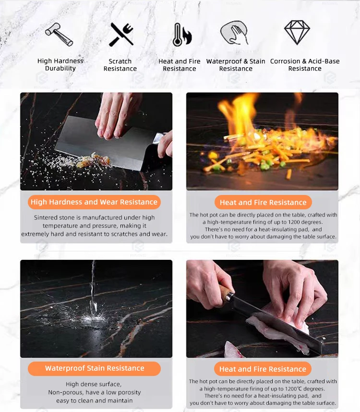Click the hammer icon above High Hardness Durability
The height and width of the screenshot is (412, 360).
(x=59, y=34)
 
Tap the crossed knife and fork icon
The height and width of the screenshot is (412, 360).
(x=121, y=34)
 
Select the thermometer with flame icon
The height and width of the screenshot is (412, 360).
(x=182, y=35)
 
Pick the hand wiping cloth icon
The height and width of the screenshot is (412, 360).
(x=234, y=33)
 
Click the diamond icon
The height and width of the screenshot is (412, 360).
(x=297, y=32)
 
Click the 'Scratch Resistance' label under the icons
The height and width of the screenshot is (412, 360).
(x=120, y=65)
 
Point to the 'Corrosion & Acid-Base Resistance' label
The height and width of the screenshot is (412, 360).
(x=305, y=65)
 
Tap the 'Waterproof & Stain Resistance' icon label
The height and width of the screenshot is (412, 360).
(x=236, y=65)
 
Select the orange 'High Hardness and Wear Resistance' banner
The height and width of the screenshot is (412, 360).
(x=94, y=202)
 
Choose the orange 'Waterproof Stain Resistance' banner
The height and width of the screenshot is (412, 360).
(x=94, y=368)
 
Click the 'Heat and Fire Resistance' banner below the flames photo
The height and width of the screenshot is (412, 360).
(x=263, y=202)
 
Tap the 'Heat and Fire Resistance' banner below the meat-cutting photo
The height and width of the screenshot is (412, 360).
(x=263, y=369)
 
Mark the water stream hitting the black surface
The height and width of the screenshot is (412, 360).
(x=93, y=289)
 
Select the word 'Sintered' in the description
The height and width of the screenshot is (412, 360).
(x=45, y=218)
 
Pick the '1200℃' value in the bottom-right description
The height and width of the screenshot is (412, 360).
(x=294, y=388)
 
